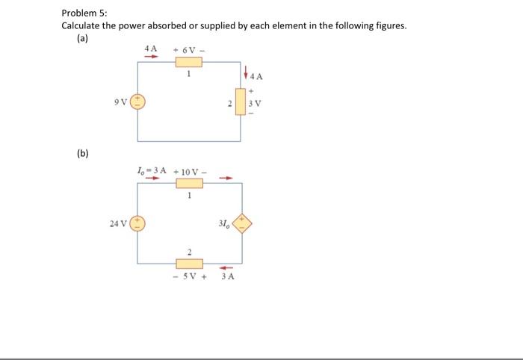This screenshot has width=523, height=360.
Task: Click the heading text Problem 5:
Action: pos(84,13)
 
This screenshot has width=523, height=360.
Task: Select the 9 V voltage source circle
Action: pos(137,102)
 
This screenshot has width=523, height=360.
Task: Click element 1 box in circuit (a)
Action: pos(189,62)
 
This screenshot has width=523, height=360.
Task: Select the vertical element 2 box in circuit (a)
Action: pos(241,102)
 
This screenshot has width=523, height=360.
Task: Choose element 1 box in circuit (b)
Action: pos(189,184)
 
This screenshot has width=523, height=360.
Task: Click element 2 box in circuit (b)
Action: pos(189,264)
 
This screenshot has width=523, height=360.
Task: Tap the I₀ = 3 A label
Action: pos(152,171)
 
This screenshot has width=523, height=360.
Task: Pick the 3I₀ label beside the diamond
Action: pos(223,223)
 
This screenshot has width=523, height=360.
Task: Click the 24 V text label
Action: pos(117,223)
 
